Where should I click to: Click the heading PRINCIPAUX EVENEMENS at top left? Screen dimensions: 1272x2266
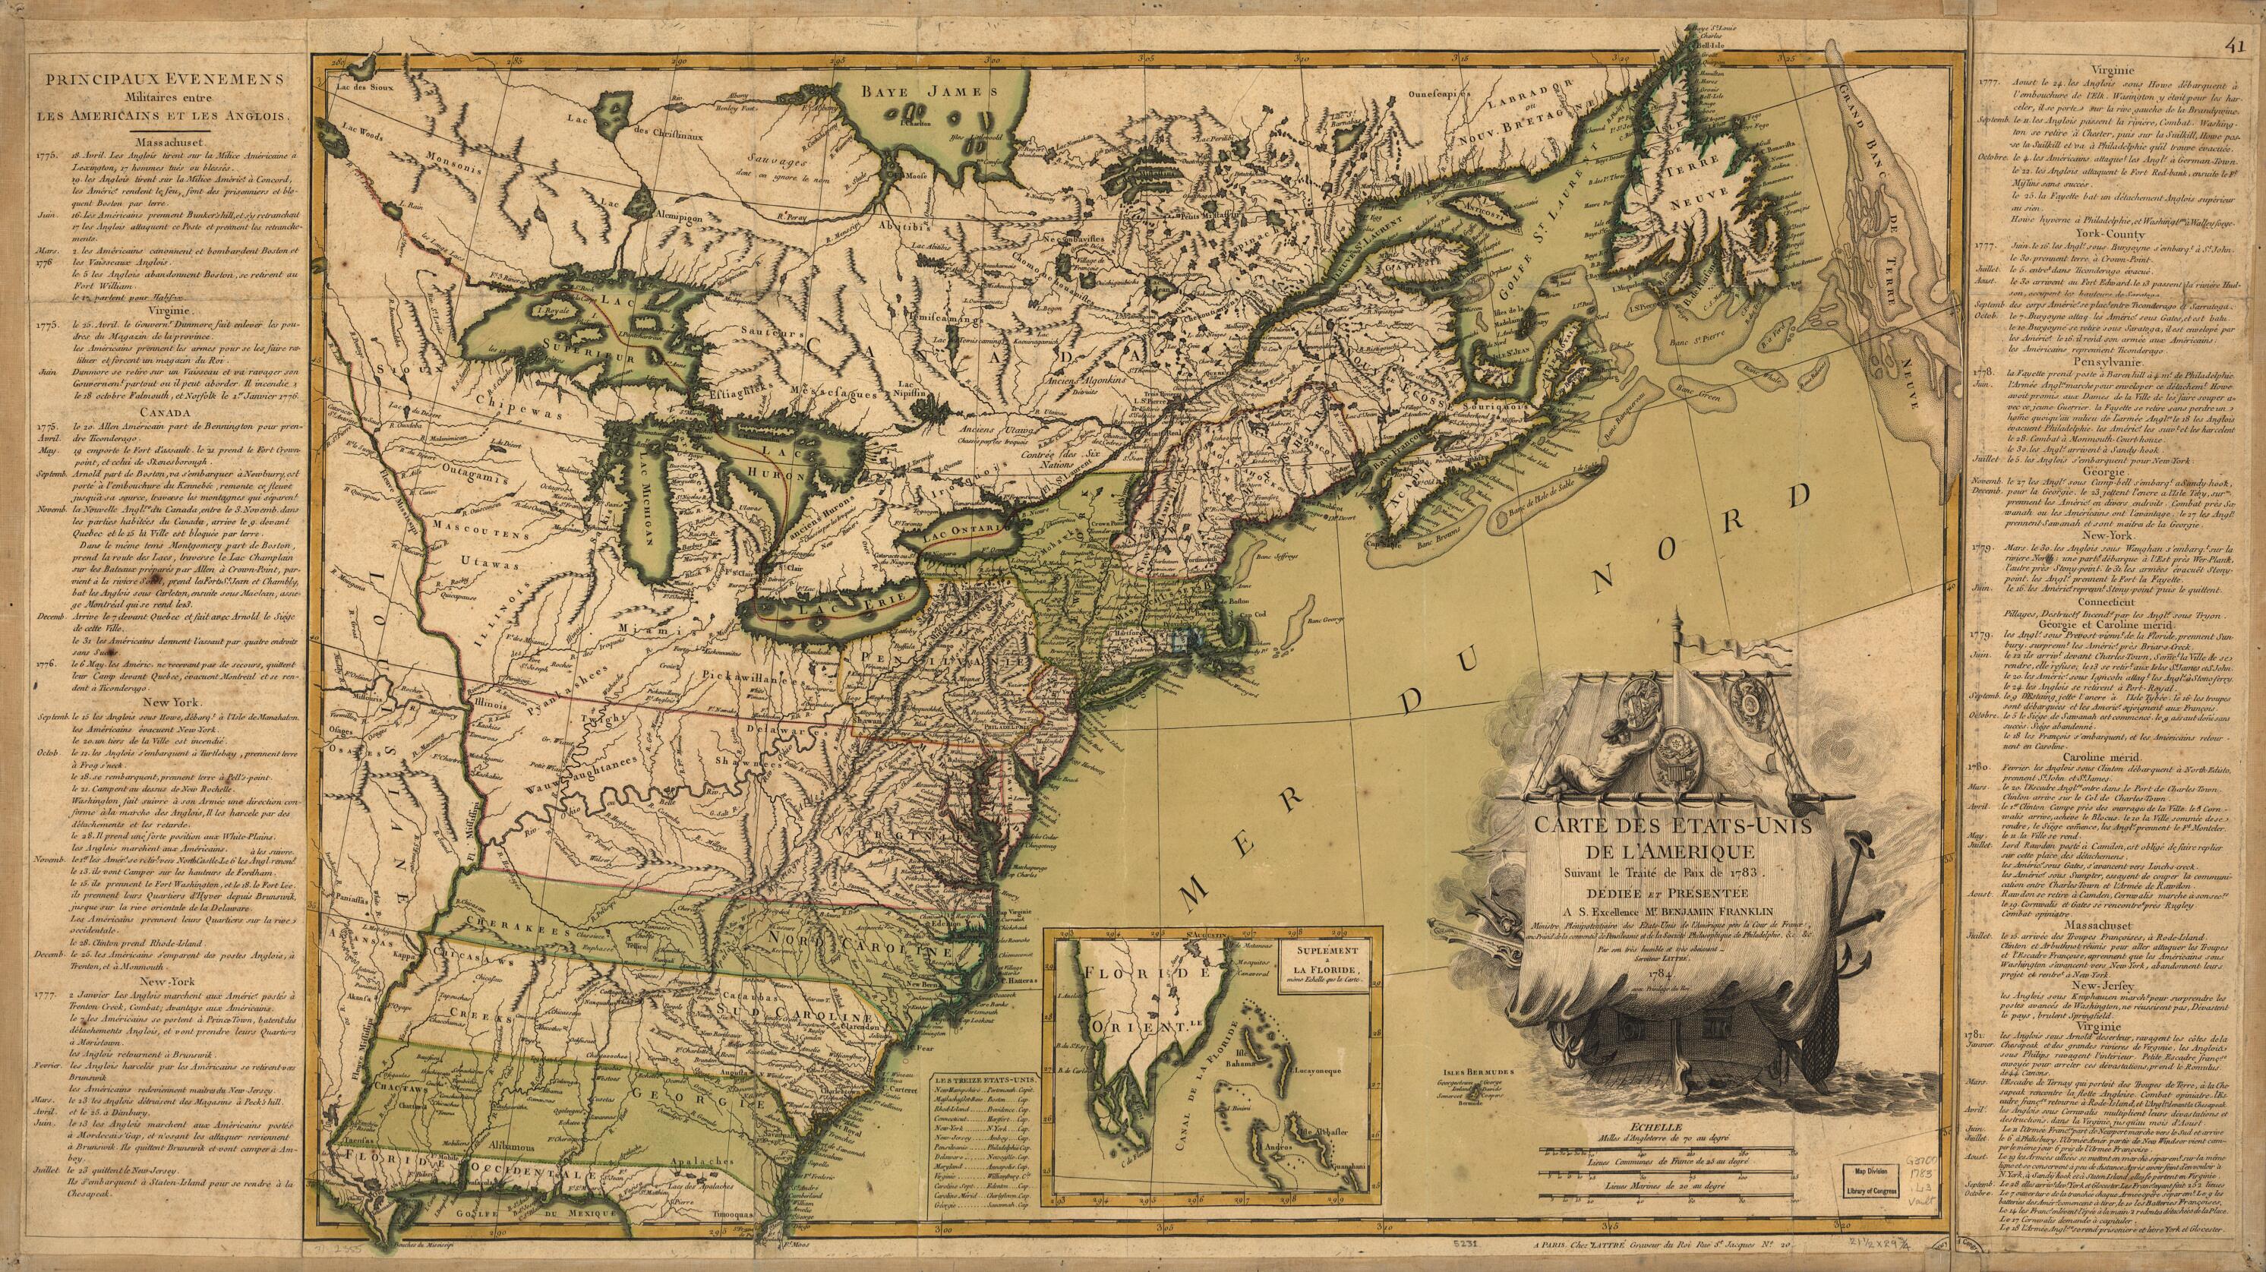[x=166, y=79]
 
